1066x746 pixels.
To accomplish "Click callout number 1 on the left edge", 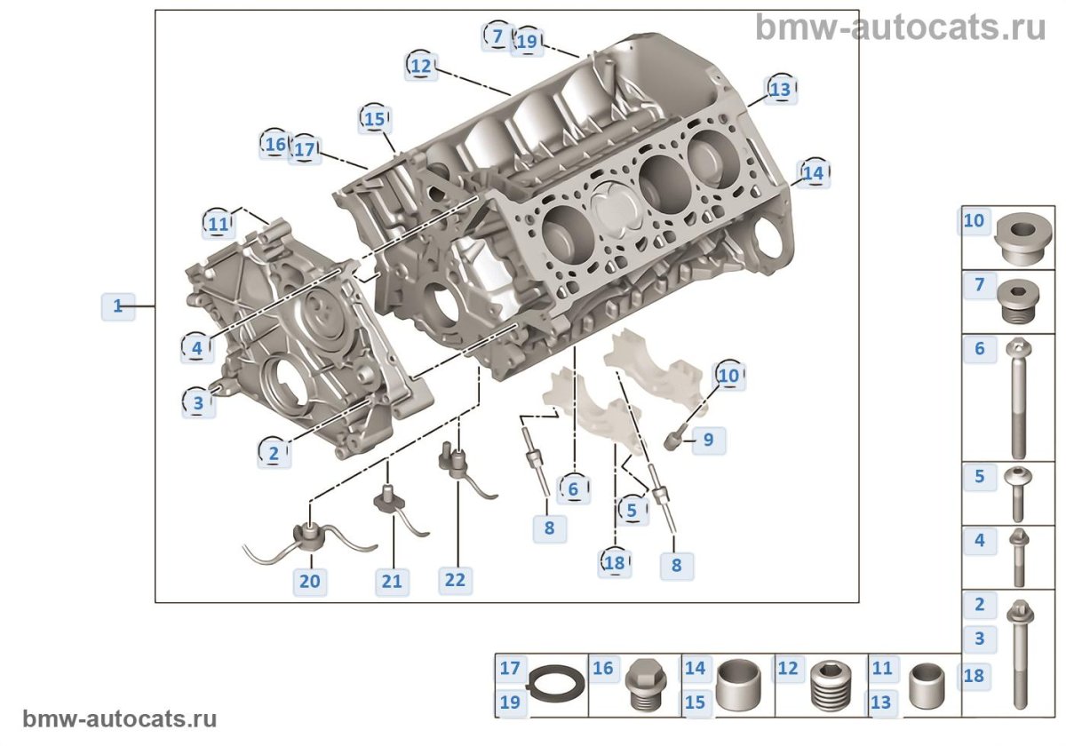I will pyautogui.click(x=117, y=306).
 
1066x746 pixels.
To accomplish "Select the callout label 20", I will pyautogui.click(x=309, y=582).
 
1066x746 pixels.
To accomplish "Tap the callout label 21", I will pyautogui.click(x=392, y=582).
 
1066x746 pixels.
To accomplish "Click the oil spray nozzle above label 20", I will pyautogui.click(x=307, y=536).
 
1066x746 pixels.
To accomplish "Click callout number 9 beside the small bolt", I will pyautogui.click(x=708, y=439).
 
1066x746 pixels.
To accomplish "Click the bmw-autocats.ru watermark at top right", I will pyautogui.click(x=901, y=27).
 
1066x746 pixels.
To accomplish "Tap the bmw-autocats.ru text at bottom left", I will pyautogui.click(x=119, y=718).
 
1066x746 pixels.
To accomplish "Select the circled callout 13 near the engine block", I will pyautogui.click(x=779, y=90).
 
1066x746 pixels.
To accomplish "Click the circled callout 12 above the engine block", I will pyautogui.click(x=421, y=66).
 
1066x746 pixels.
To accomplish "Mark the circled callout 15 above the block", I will pyautogui.click(x=375, y=118).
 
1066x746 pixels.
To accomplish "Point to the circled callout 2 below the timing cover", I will pyautogui.click(x=274, y=453).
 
